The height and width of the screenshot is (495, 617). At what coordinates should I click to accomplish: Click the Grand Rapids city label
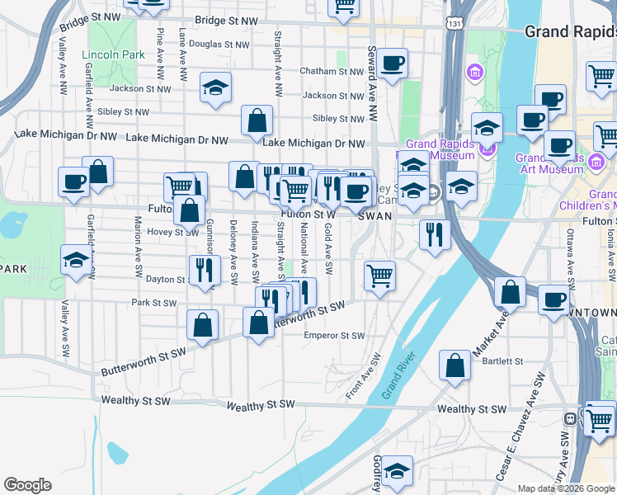click(570, 32)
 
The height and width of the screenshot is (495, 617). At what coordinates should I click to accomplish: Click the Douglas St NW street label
click(219, 45)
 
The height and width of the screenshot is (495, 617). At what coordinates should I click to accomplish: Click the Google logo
click(27, 485)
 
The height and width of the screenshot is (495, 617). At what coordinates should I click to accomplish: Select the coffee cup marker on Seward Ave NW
click(393, 62)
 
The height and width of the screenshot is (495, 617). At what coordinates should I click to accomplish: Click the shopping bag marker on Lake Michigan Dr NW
click(257, 120)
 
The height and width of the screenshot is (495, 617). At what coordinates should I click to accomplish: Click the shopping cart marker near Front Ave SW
click(379, 275)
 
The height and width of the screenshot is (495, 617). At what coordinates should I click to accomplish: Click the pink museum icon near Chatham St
click(474, 73)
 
